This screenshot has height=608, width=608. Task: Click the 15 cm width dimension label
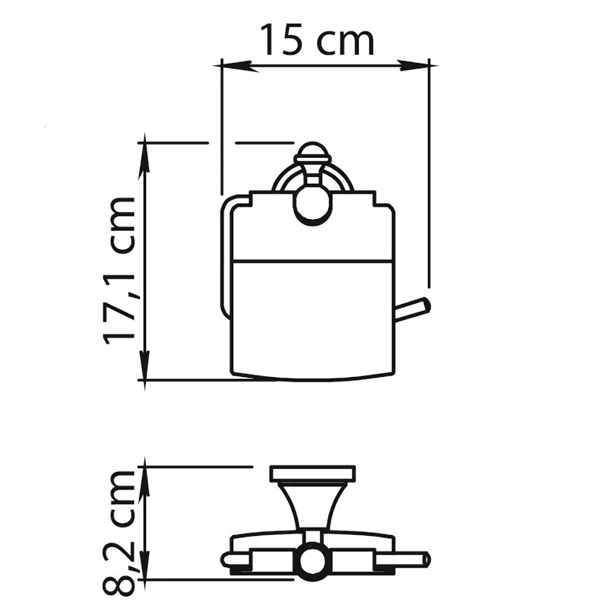[317, 40]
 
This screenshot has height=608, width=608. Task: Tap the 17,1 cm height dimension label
[119, 271]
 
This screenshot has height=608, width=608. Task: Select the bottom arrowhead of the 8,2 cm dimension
[144, 565]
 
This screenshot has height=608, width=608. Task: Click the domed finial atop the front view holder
[312, 154]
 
